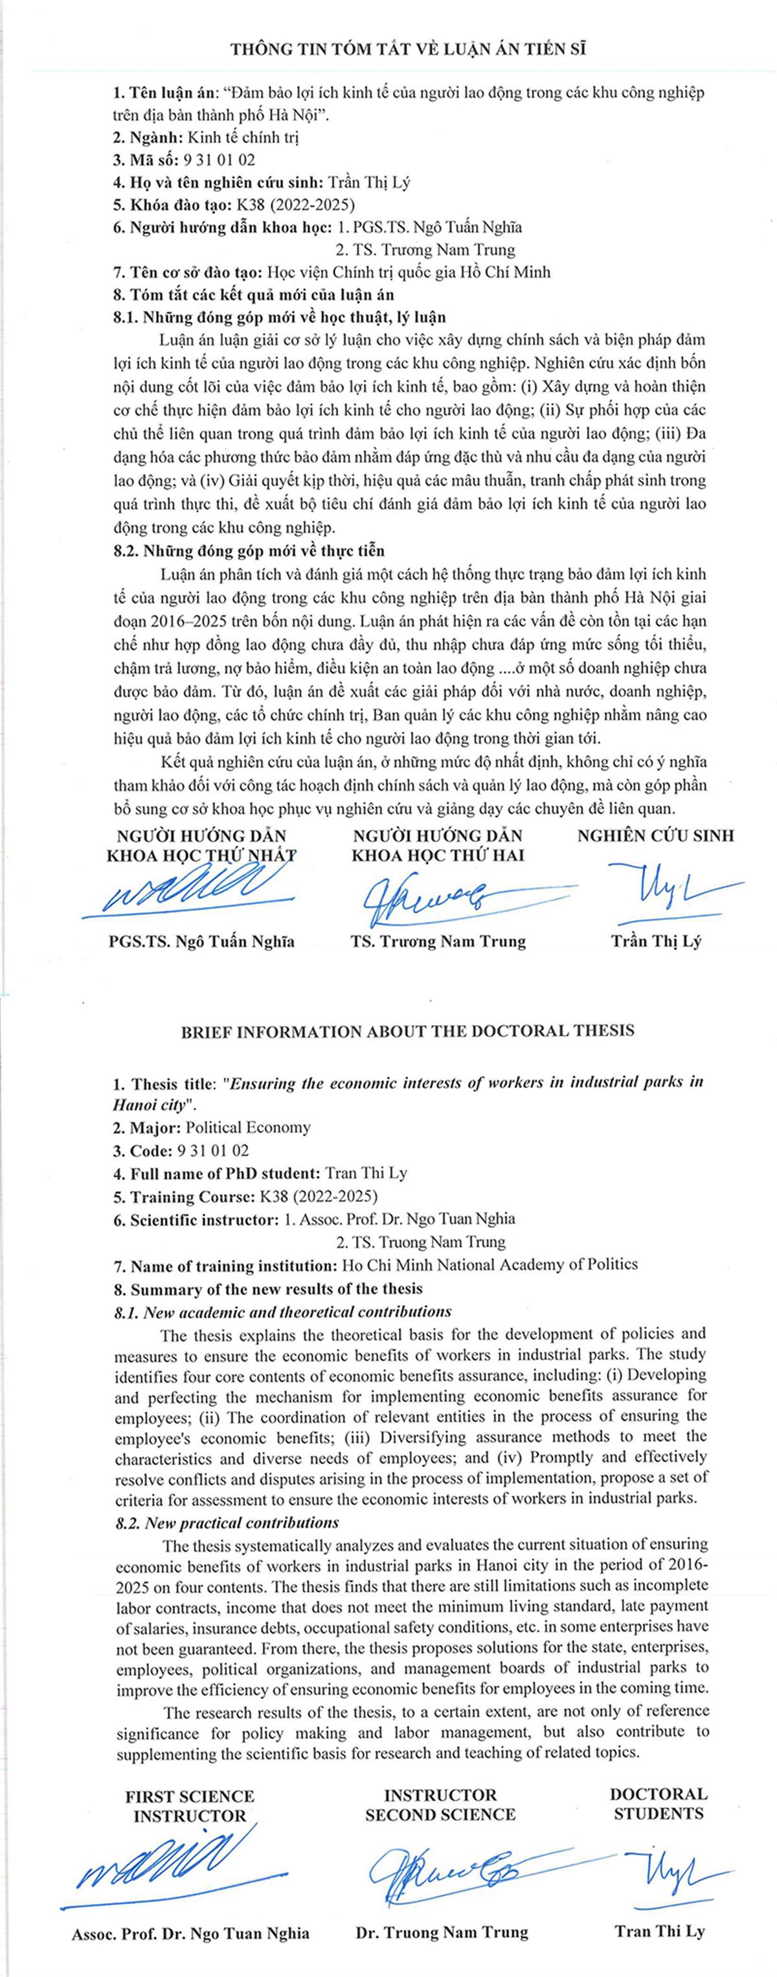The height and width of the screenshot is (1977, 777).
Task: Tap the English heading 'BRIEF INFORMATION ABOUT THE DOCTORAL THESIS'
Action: click(x=407, y=1031)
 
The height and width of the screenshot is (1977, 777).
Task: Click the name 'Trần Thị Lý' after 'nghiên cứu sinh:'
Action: click(x=369, y=183)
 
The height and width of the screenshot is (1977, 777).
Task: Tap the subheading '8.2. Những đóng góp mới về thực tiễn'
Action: click(x=249, y=550)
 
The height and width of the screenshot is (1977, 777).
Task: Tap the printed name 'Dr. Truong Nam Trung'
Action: click(x=442, y=1932)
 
